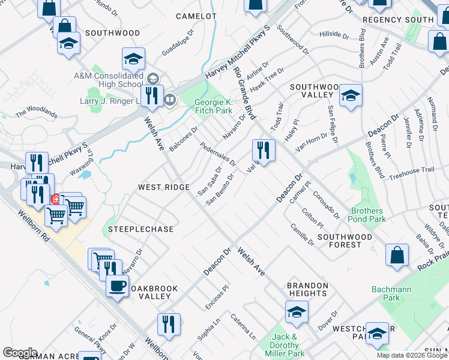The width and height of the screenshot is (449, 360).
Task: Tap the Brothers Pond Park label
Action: point(368,215)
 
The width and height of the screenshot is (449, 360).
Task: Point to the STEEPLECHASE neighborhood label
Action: point(140,229)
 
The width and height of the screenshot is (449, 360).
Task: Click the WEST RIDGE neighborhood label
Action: point(164,187)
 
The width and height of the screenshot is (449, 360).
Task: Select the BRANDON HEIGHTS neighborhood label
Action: point(307,289)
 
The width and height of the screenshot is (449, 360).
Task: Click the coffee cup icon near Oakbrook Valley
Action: point(118,284)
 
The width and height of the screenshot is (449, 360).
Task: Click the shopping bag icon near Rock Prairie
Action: point(397,254)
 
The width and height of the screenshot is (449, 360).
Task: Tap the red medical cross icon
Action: point(55,199)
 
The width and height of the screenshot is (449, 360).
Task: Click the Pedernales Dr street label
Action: point(217,156)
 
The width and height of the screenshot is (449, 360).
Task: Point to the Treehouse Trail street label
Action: point(411,170)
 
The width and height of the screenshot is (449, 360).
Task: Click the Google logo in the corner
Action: point(20,353)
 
